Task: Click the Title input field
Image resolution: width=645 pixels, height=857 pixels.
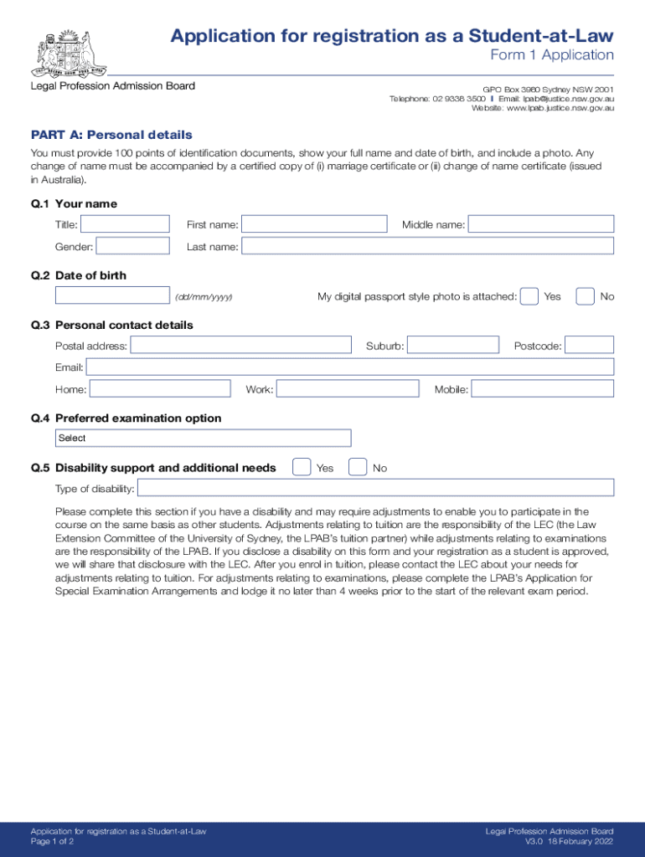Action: click(x=125, y=224)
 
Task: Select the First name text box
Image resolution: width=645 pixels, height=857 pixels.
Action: click(x=314, y=224)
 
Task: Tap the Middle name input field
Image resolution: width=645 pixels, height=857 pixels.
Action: click(x=540, y=224)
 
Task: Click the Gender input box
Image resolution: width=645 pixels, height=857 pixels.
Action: click(x=132, y=246)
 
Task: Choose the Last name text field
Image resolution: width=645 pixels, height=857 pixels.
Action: click(x=427, y=246)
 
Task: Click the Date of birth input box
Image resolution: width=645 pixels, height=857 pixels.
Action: click(x=112, y=295)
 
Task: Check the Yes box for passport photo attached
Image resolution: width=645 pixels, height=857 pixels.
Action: click(x=529, y=296)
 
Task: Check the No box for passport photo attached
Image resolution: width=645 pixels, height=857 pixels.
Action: click(x=586, y=296)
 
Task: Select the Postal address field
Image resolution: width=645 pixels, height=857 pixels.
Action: click(x=241, y=345)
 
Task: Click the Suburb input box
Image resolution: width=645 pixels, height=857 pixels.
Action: click(x=452, y=345)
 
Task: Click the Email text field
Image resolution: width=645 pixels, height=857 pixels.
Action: click(x=350, y=367)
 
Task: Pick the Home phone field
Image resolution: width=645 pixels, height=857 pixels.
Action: click(x=160, y=388)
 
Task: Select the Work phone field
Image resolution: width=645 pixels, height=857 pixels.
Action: click(x=348, y=388)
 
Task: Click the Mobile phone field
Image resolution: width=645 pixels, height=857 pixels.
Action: click(x=543, y=388)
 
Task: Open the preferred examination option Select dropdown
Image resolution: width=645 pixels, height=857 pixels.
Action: click(x=204, y=438)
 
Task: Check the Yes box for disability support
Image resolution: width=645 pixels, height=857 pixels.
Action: click(x=302, y=467)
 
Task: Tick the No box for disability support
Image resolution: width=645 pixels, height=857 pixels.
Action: click(x=358, y=467)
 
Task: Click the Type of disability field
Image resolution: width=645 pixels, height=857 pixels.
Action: click(x=375, y=488)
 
